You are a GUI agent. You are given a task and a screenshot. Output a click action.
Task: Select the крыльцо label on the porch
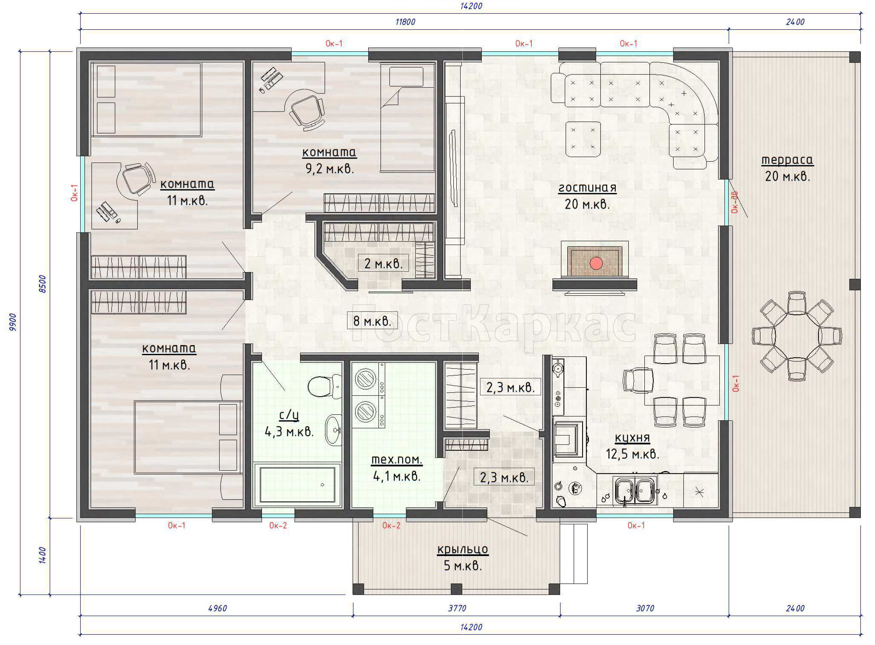pos(463,549)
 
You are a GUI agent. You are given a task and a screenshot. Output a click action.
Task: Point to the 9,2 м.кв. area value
pos(330,169)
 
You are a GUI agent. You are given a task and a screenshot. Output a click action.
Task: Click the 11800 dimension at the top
pos(405,22)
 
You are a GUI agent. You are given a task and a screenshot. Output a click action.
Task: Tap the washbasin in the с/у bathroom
pos(333,429)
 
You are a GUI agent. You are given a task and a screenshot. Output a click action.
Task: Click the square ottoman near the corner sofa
pos(583,139)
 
